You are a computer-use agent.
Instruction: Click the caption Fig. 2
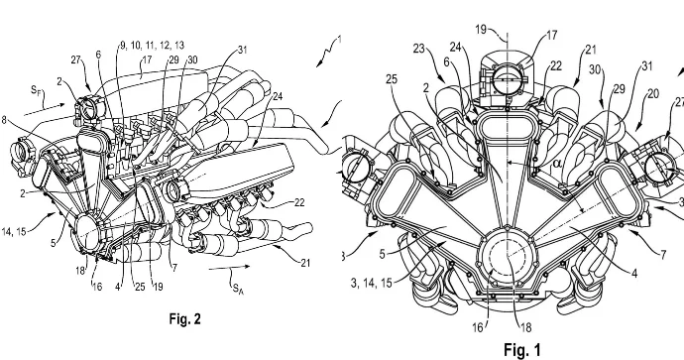185,319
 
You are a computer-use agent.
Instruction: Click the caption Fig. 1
522,349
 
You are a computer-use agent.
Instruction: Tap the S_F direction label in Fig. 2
37,90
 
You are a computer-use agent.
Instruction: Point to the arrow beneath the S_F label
44,109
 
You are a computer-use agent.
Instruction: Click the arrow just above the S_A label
229,268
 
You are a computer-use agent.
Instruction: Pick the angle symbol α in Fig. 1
545,164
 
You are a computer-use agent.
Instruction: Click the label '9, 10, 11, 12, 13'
152,45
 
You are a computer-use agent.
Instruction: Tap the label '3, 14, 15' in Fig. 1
371,283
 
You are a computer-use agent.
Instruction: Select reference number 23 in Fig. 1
419,49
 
